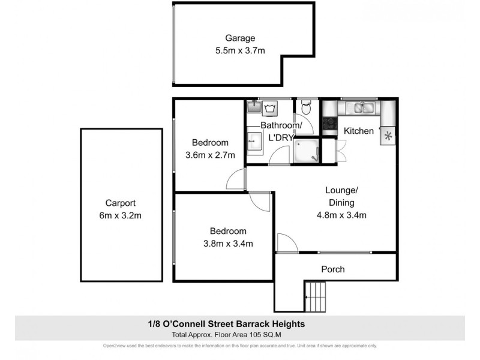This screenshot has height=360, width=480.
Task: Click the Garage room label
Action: (x=240, y=38)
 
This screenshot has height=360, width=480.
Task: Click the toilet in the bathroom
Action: (x=306, y=107)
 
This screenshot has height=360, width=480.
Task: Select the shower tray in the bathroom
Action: (x=307, y=151)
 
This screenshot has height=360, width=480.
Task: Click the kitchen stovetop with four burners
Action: (x=329, y=124)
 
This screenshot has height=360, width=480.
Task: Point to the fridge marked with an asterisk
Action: (x=388, y=136)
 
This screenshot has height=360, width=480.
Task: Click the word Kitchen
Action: (x=359, y=131)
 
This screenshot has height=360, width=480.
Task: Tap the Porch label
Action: (x=332, y=269)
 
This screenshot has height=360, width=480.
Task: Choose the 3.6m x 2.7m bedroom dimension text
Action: (x=210, y=155)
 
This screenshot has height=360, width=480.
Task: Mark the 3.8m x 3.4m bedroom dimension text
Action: (x=228, y=243)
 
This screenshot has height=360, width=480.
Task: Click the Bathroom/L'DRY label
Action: (x=277, y=131)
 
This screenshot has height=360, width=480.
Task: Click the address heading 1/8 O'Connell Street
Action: (x=239, y=323)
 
